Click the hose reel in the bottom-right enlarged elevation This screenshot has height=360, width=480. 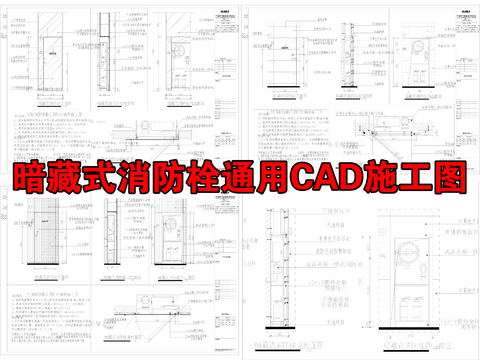tap(407, 255)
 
